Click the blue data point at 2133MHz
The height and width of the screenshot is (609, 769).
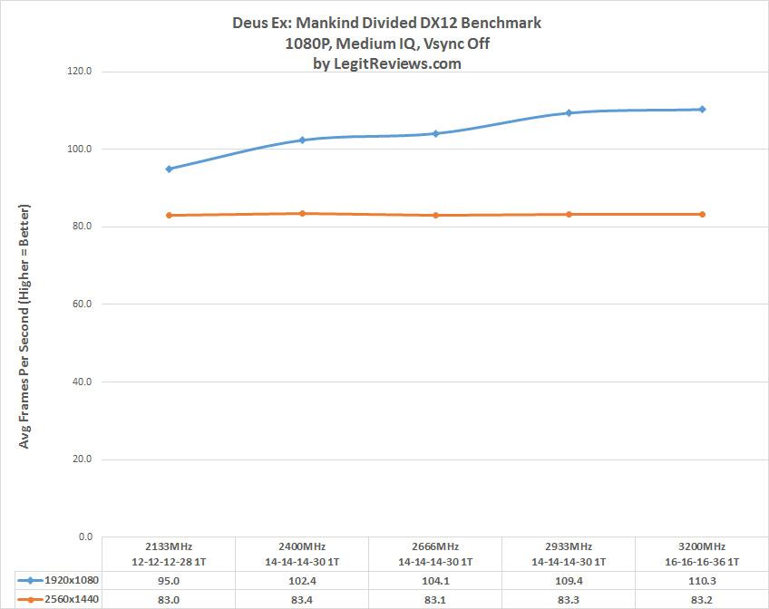(x=169, y=169)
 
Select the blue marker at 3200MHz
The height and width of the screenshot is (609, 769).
(x=702, y=110)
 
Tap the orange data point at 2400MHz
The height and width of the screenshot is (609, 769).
(x=302, y=214)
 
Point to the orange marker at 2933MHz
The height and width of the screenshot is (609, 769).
(x=569, y=215)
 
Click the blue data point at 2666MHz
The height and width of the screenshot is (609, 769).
(x=435, y=133)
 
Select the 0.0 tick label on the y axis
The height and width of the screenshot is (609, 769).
(x=86, y=537)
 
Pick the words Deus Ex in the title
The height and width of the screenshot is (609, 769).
(x=261, y=24)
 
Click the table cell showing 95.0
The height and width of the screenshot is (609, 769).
(x=169, y=580)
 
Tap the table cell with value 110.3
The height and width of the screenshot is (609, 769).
(x=702, y=580)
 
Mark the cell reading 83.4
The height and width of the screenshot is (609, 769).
(x=302, y=598)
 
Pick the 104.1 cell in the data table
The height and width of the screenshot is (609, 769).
(x=435, y=580)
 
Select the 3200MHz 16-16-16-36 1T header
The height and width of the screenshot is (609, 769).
(x=702, y=554)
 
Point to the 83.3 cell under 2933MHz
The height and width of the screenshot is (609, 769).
(x=569, y=598)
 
